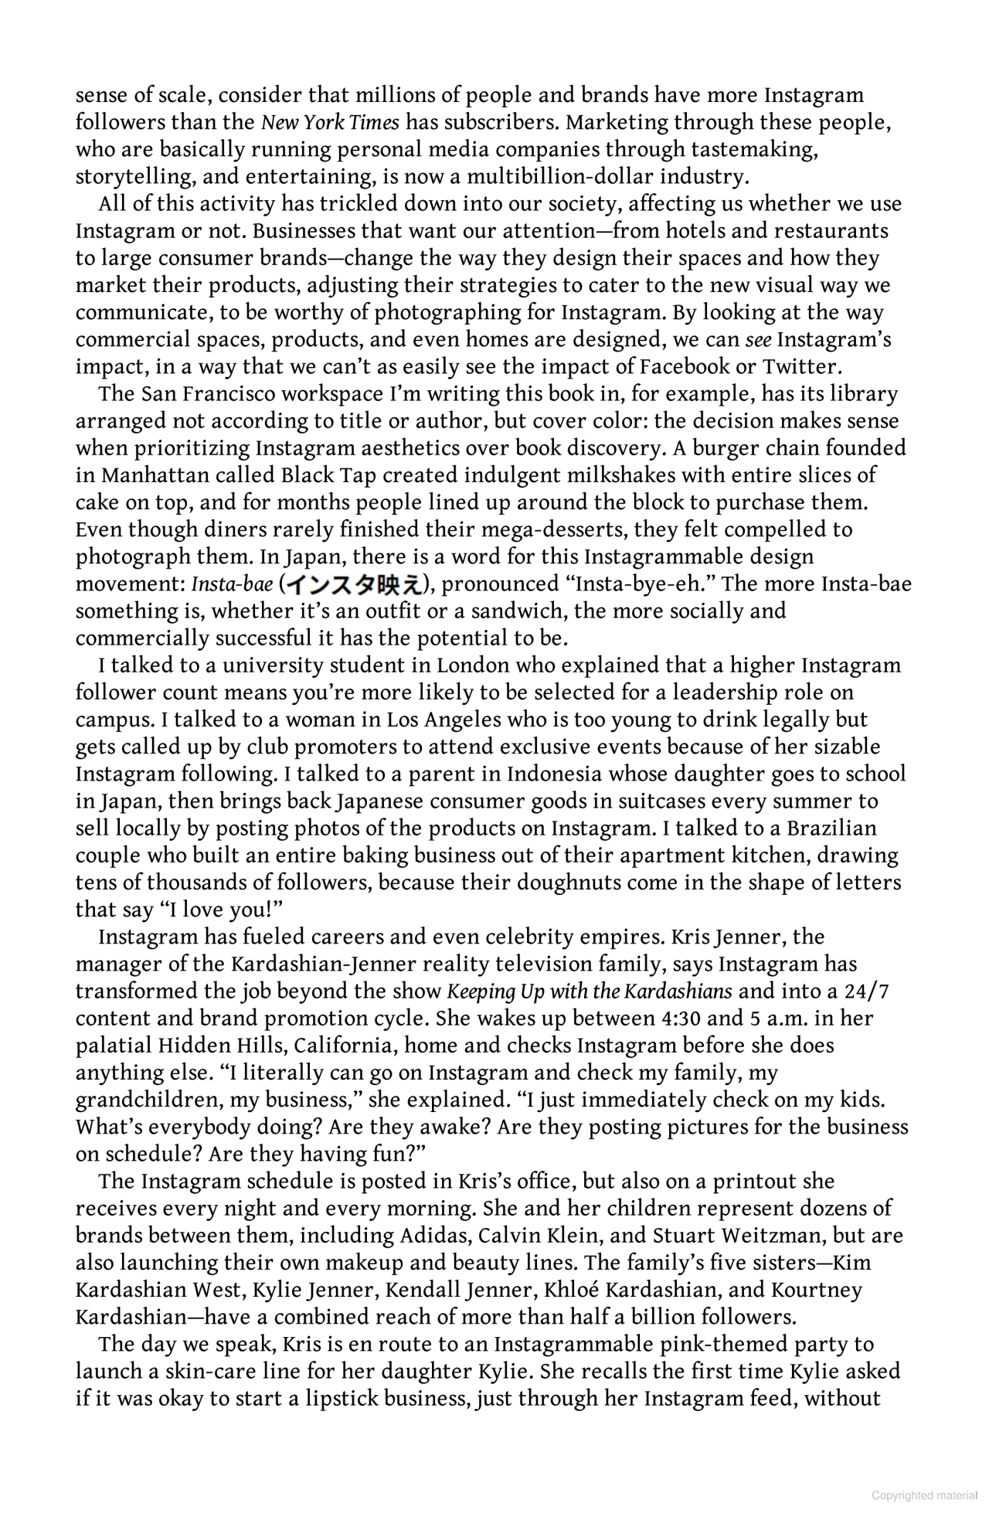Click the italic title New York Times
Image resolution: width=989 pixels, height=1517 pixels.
coord(330,122)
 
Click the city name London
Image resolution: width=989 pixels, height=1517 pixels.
coord(473,665)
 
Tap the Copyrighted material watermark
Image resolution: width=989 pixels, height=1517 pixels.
coord(924,1495)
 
